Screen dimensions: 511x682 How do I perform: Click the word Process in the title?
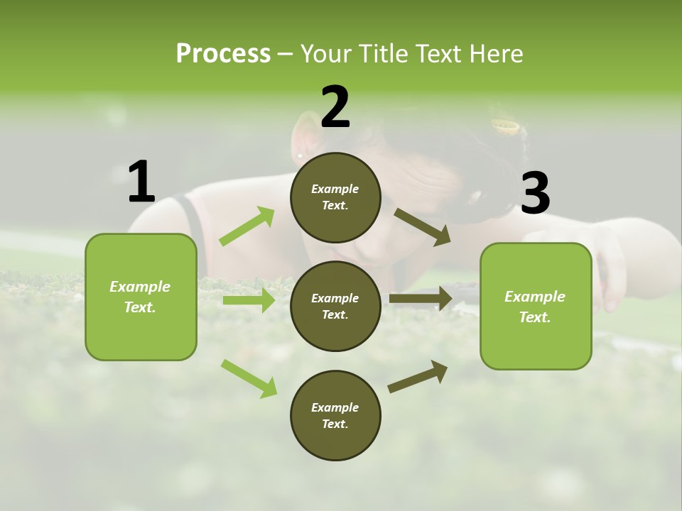point(223,53)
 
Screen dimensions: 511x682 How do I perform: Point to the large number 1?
point(141,182)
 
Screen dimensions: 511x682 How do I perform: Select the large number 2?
point(335,107)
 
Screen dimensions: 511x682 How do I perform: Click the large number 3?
point(535,193)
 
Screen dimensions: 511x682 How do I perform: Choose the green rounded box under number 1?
point(141,297)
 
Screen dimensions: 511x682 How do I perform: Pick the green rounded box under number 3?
point(536,306)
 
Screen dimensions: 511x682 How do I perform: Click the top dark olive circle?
point(335,197)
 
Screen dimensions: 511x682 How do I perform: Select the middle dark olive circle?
point(335,306)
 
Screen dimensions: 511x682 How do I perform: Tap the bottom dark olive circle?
point(335,415)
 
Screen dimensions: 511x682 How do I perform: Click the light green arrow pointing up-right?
point(247,226)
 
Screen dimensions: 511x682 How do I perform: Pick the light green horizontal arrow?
point(249,300)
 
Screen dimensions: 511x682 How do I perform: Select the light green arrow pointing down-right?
point(249,378)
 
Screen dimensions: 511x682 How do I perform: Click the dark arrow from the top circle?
point(422,226)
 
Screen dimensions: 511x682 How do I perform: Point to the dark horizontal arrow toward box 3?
point(421,299)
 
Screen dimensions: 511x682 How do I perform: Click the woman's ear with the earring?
point(302,138)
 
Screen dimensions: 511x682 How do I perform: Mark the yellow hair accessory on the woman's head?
point(507,127)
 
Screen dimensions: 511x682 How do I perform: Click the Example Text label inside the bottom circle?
point(335,415)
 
